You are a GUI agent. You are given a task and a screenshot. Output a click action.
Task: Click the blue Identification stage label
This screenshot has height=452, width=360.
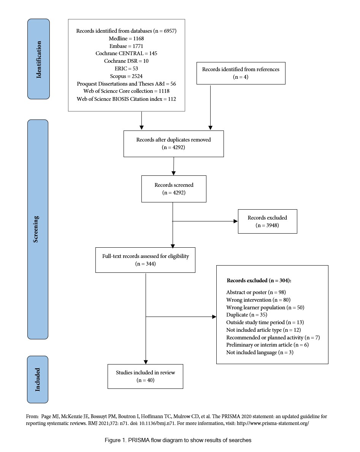[39, 59]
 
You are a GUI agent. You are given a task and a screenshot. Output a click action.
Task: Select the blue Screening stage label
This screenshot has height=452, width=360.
[38, 229]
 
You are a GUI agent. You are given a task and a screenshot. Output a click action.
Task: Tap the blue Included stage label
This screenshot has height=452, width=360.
[37, 379]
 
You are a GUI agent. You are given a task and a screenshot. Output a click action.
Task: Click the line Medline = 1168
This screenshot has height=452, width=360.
[126, 38]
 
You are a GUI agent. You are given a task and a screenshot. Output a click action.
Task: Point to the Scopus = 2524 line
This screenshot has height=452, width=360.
[126, 76]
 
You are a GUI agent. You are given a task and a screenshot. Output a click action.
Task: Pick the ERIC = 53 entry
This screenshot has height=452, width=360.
[126, 68]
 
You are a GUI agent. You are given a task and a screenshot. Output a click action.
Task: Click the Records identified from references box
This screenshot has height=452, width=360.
[241, 73]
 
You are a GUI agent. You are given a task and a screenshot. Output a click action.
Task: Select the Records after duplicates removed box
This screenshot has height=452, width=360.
[174, 143]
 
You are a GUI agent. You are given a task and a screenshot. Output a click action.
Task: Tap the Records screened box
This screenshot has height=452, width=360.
[174, 189]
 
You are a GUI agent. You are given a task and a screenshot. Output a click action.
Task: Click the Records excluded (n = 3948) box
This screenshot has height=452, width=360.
[267, 221]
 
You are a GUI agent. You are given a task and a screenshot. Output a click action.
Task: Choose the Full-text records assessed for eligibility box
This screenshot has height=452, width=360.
[146, 260]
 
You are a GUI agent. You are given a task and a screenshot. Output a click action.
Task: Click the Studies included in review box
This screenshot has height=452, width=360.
[146, 376]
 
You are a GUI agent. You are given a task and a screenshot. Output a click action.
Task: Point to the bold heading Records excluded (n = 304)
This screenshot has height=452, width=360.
[259, 280]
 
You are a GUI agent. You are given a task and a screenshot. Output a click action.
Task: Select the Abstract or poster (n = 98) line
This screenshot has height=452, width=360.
[256, 292]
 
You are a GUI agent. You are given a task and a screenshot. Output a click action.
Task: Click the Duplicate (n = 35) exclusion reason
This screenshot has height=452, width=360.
[247, 315]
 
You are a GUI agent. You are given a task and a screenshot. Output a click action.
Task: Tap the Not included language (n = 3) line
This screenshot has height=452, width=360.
[260, 352]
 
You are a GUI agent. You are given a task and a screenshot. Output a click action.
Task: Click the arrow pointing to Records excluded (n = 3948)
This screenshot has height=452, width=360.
[205, 221]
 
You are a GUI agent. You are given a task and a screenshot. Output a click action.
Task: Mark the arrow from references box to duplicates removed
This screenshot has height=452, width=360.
[211, 107]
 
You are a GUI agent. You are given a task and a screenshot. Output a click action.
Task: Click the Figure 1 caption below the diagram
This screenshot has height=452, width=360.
[178, 440]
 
